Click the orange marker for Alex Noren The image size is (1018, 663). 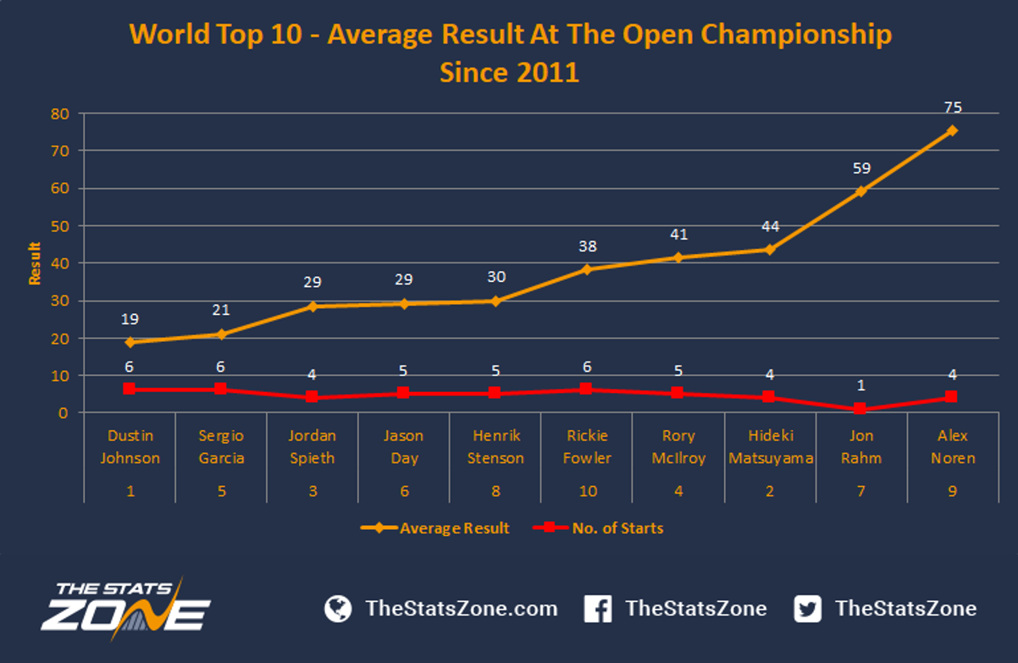coord(952,131)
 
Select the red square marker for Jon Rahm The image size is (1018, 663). coord(860,408)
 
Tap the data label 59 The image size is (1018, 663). coord(861,169)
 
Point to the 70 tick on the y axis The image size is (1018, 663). coord(60,151)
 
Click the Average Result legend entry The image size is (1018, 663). coord(435,528)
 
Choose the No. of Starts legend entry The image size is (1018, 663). coord(598,528)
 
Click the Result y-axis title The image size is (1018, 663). coord(35,263)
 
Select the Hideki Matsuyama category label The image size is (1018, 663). coord(771,447)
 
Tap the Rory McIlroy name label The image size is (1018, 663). coord(678,447)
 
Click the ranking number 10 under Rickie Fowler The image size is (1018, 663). coord(588,491)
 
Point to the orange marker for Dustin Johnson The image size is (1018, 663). coord(130,342)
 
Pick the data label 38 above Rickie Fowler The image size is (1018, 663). coord(588,246)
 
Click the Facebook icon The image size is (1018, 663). coord(598,609)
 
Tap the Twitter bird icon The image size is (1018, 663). coord(808,609)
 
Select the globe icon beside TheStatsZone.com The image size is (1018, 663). coord(338,609)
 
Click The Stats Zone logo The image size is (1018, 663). coord(126,609)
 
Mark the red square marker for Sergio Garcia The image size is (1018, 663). coord(220,389)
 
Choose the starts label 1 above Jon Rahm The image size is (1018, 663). coord(860,385)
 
